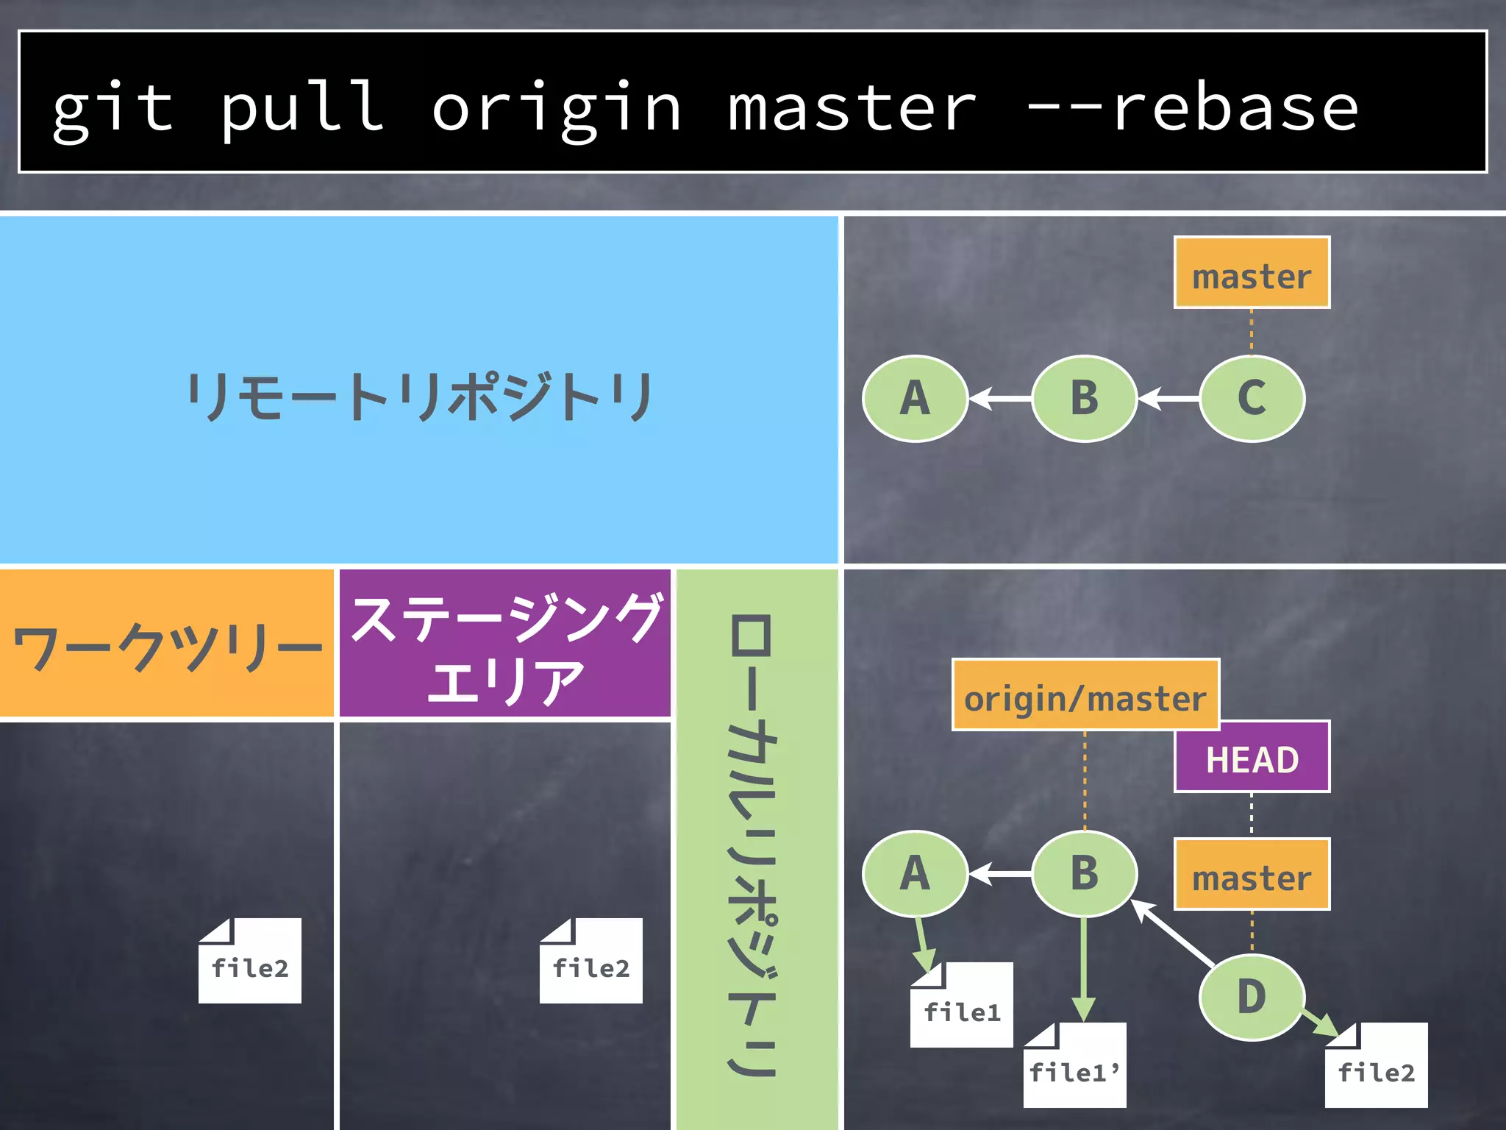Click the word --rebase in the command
point(1191,109)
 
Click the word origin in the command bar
point(556,109)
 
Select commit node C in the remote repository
point(1252,398)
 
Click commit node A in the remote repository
point(915,398)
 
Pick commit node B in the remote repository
point(1084,398)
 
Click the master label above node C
point(1252,273)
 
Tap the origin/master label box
point(1085,695)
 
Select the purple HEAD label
point(1252,757)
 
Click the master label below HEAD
point(1252,875)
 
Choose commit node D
point(1252,997)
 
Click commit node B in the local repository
point(1084,873)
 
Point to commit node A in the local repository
point(915,873)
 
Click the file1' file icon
point(1074,1067)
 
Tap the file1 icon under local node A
point(961,1006)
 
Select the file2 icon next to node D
point(1376,1067)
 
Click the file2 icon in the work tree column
point(250,962)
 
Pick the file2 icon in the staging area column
point(590,962)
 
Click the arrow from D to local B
point(1173,933)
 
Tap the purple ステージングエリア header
point(505,644)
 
